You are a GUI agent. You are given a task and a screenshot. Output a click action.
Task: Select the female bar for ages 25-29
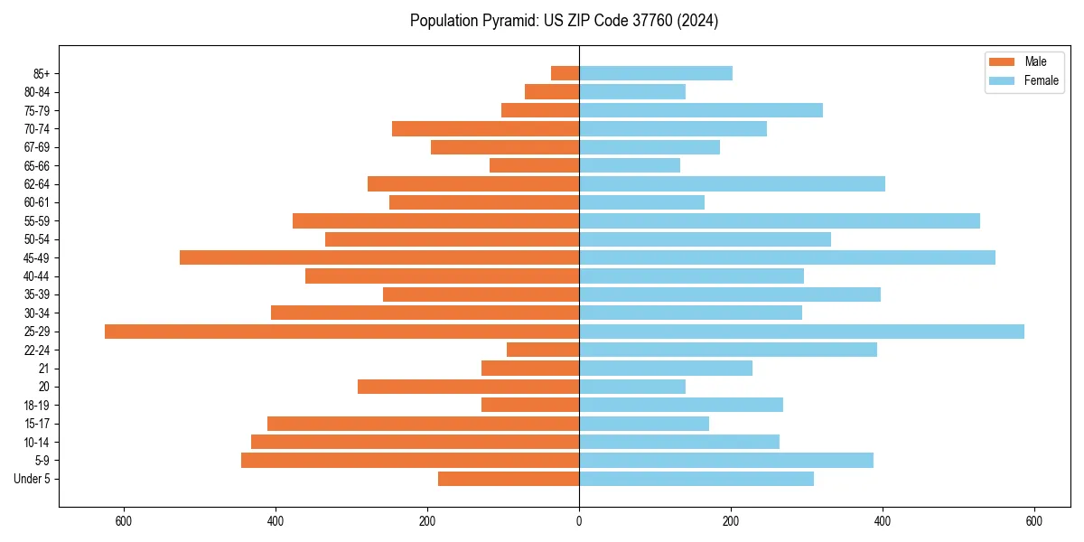[x=801, y=332]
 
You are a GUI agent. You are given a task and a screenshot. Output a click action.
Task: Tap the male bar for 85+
[x=565, y=73]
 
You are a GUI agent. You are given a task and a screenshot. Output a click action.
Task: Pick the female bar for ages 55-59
[x=779, y=221]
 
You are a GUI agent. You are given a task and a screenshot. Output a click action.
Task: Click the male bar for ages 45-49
[x=379, y=257]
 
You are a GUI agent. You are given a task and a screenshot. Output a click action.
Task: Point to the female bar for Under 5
[x=696, y=479]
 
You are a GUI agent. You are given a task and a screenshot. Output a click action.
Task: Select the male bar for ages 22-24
[x=543, y=350]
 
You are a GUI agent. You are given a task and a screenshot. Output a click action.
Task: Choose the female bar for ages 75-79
[x=700, y=110]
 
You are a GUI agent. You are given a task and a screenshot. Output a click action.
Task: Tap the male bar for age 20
[x=468, y=387]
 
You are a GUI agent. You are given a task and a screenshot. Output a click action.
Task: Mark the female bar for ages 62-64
[x=732, y=184]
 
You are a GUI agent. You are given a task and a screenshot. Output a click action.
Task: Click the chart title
[x=564, y=21]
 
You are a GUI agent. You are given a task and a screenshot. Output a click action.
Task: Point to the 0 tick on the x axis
[x=579, y=521]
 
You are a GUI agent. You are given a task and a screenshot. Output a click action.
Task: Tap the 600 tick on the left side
[x=124, y=521]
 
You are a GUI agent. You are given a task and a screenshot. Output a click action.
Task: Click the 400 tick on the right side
[x=883, y=521]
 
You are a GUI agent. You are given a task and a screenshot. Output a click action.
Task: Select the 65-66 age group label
[x=37, y=165]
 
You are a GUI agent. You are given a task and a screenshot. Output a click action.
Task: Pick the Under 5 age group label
[x=33, y=479]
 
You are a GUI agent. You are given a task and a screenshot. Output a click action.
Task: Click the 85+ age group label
[x=42, y=73]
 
